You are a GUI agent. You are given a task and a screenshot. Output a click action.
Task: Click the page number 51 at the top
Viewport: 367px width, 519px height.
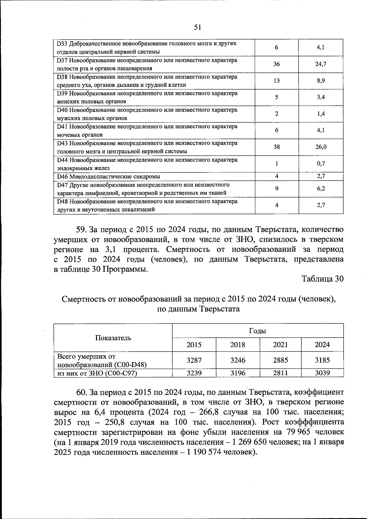click(x=198, y=28)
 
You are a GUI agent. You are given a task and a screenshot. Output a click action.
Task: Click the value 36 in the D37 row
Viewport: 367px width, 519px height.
click(x=276, y=64)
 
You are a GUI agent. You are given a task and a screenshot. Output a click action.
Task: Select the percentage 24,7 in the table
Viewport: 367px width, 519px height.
click(x=321, y=64)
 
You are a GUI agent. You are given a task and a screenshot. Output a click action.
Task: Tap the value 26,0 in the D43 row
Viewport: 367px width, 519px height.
click(x=321, y=147)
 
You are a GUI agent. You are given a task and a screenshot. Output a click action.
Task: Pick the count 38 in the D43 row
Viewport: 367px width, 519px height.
click(x=276, y=147)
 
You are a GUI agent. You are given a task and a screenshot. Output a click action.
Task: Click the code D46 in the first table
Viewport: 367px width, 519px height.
click(x=62, y=177)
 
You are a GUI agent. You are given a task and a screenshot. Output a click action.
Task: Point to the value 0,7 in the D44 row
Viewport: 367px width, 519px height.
click(x=321, y=163)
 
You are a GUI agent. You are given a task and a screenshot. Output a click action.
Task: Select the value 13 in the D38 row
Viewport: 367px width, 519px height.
click(x=276, y=80)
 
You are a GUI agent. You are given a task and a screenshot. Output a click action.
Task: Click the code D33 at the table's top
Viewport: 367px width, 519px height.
click(x=62, y=44)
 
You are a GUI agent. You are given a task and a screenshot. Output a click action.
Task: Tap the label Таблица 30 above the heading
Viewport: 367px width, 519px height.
click(x=322, y=279)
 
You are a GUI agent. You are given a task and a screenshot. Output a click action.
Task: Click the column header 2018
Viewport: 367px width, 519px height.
click(x=238, y=345)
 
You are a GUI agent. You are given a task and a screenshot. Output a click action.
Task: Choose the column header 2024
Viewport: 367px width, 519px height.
click(x=322, y=345)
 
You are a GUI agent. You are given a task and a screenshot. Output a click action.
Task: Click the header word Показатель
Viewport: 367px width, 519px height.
click(x=113, y=338)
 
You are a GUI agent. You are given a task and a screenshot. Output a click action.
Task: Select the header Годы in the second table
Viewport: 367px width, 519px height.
click(x=258, y=331)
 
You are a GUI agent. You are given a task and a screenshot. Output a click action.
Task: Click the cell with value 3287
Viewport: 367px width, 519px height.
click(x=194, y=360)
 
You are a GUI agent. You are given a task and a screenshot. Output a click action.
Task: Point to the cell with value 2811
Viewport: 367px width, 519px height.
click(x=280, y=373)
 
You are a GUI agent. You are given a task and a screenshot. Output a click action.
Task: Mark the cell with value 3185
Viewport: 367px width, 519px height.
click(x=322, y=360)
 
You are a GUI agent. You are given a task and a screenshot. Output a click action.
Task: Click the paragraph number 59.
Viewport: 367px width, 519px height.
click(x=82, y=230)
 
